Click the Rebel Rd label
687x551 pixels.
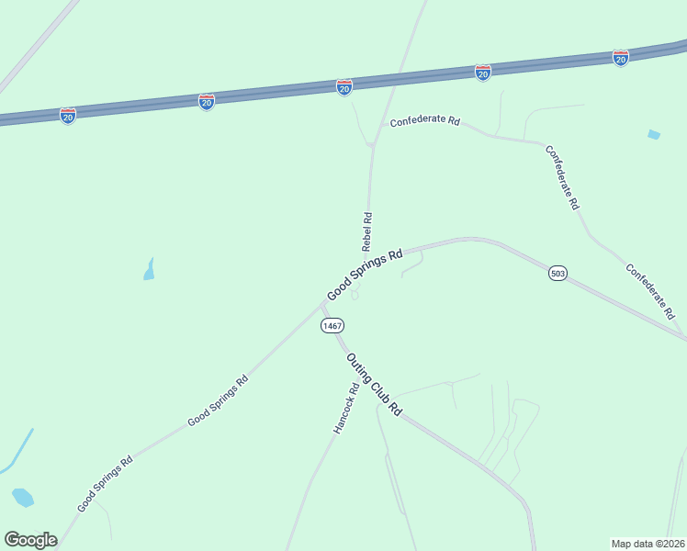pos(366,231)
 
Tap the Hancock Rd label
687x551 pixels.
pos(345,410)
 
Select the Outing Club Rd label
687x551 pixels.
pos(375,385)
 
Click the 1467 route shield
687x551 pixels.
pos(332,326)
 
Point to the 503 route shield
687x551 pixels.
pos(557,273)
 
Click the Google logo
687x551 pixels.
pos(30,540)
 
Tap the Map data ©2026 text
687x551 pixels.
pos(648,543)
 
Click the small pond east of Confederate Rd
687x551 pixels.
pos(653,135)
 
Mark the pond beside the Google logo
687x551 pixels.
pos(23,498)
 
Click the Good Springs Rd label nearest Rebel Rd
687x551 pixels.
pos(365,275)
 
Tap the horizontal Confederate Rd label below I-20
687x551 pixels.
pos(424,121)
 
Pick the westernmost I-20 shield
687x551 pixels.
pos(68,116)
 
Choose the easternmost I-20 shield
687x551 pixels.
pos(621,58)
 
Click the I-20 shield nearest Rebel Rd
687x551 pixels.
pos(344,87)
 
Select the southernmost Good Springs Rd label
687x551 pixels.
pos(105,483)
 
